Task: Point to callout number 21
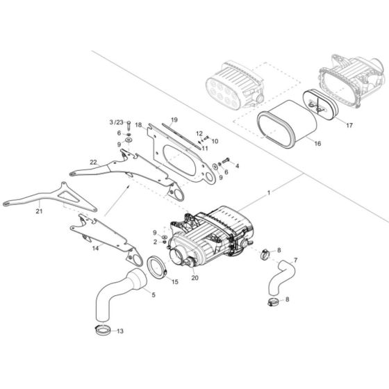tap(19, 213)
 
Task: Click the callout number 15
tap(175, 282)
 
